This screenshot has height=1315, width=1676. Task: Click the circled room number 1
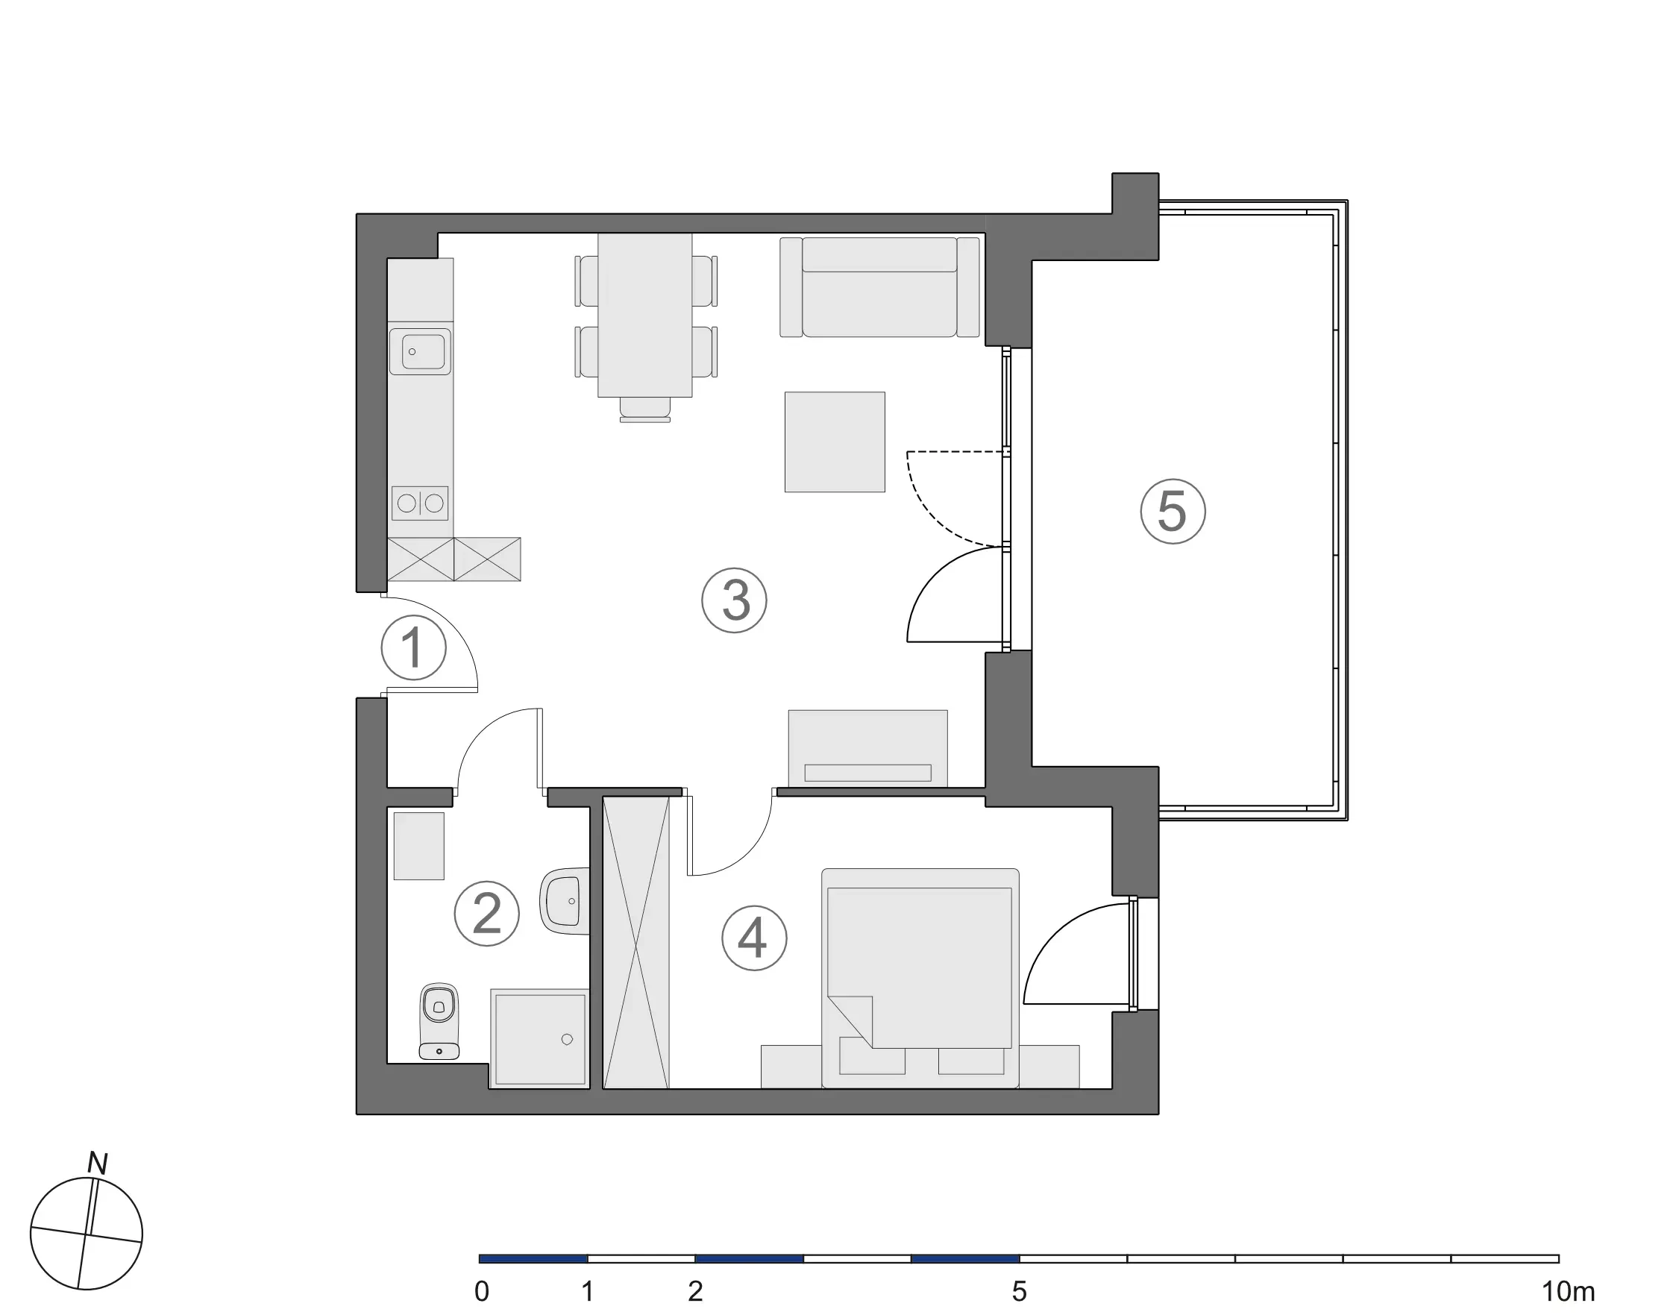[x=413, y=647]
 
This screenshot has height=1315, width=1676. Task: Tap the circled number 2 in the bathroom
[x=486, y=914]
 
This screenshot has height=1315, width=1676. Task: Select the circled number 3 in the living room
[x=735, y=600]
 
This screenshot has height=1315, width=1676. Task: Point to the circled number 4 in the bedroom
[x=753, y=938]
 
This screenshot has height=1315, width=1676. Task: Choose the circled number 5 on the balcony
[x=1173, y=511]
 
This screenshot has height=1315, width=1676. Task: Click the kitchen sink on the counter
[x=420, y=352]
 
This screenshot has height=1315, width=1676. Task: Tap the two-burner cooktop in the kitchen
[x=421, y=503]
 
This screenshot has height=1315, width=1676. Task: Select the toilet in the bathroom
[x=439, y=1020]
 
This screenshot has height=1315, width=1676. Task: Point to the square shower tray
[x=540, y=1038]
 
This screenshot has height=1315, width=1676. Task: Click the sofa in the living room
[x=879, y=287]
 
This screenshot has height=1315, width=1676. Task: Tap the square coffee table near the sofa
[x=835, y=442]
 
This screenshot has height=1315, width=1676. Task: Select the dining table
[x=644, y=315]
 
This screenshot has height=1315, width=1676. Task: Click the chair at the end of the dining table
[x=645, y=409]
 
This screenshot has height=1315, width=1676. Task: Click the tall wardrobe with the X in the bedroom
[x=636, y=942]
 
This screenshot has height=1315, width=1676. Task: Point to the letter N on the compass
[x=98, y=1164]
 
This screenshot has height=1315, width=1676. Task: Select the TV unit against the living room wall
[x=867, y=748]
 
